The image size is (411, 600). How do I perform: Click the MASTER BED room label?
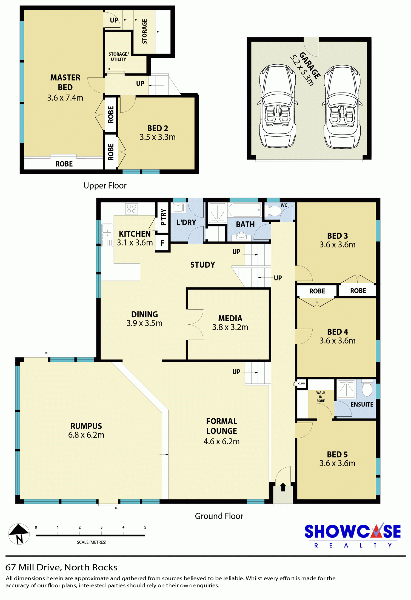coord(65,82)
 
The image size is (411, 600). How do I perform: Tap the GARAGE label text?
coord(310,65)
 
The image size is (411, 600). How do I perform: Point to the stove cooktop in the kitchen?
coord(132,209)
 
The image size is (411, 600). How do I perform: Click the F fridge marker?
coord(162,243)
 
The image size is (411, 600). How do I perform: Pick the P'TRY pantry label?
coord(163,217)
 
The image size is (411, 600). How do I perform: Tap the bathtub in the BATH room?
coord(245,210)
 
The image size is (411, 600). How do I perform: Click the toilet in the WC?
coord(273,211)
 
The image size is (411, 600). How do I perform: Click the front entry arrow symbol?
coord(283,487)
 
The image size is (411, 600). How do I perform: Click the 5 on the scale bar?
coord(145,527)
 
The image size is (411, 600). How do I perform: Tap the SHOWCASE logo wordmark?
coord(353,532)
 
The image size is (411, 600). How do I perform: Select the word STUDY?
coord(203,265)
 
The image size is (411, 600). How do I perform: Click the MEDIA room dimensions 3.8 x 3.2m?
coord(230,327)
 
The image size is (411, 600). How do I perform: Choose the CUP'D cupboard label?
coord(301,384)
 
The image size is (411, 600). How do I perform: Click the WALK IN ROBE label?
coord(321,397)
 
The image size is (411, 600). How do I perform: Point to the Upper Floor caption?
coord(105,185)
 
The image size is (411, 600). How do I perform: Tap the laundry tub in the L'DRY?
coord(178,208)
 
